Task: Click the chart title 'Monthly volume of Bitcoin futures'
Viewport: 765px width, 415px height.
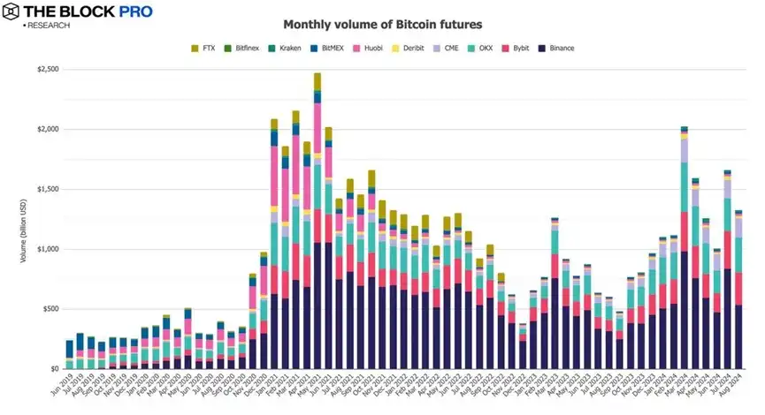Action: pos(382,24)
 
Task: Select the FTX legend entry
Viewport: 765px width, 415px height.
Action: pos(209,48)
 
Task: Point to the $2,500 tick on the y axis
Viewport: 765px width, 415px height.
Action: pos(42,69)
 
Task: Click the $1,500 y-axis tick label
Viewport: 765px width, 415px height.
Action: pos(42,189)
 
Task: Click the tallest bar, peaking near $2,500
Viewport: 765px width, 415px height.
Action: pos(317,221)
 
